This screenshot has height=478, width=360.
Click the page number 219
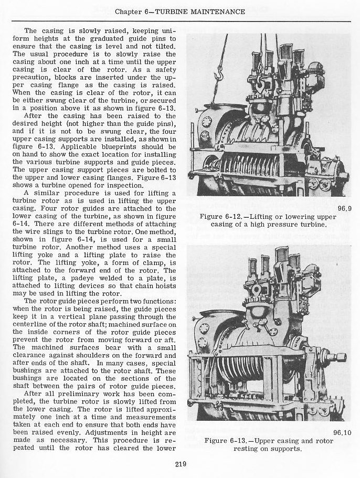pyautogui.click(x=179, y=464)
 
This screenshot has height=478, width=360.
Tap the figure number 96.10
pyautogui.click(x=342, y=432)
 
